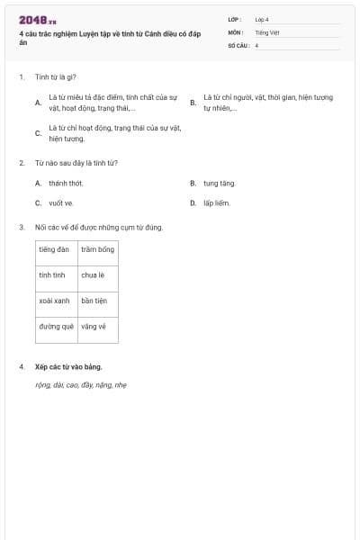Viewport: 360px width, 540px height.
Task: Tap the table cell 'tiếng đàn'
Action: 55,248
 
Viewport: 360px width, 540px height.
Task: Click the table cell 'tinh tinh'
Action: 51,274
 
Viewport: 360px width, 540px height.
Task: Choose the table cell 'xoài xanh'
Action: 55,301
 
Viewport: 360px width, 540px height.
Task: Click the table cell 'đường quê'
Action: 56,327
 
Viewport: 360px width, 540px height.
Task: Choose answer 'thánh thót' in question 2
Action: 66,183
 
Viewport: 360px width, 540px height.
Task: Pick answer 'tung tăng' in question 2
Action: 219,183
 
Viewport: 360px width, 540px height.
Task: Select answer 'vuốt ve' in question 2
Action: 61,202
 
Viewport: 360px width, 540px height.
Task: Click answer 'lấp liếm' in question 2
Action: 217,202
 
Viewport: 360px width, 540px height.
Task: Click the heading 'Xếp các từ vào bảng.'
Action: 68,366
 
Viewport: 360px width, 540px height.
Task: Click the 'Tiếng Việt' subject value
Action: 267,31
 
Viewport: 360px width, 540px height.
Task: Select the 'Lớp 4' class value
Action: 262,19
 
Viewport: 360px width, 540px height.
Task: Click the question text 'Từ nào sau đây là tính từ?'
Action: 76,163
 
